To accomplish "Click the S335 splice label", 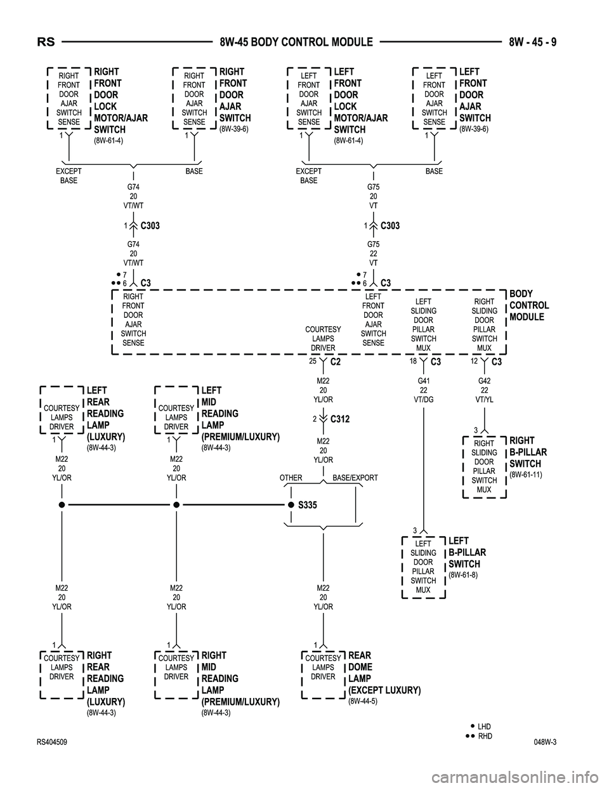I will click(x=307, y=505).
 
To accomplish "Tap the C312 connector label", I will click(x=340, y=419).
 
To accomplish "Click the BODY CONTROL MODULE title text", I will click(x=529, y=305).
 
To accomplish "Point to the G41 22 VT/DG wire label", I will click(x=423, y=390).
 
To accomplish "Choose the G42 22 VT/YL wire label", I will click(x=484, y=390).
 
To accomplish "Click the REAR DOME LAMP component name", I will click(x=384, y=673).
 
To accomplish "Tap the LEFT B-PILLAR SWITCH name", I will click(x=467, y=553).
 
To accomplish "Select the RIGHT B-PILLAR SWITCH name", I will click(x=528, y=452).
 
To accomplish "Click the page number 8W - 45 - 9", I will click(x=533, y=43).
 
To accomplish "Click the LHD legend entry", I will click(x=484, y=726).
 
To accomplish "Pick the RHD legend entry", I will click(x=484, y=736).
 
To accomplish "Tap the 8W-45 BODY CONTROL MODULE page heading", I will click(x=296, y=43).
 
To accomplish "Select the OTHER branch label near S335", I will click(x=291, y=478).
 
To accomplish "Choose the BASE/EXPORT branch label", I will click(x=355, y=478).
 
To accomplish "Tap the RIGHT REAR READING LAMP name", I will click(x=105, y=678).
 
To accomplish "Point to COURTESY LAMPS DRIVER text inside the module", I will click(x=323, y=339).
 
